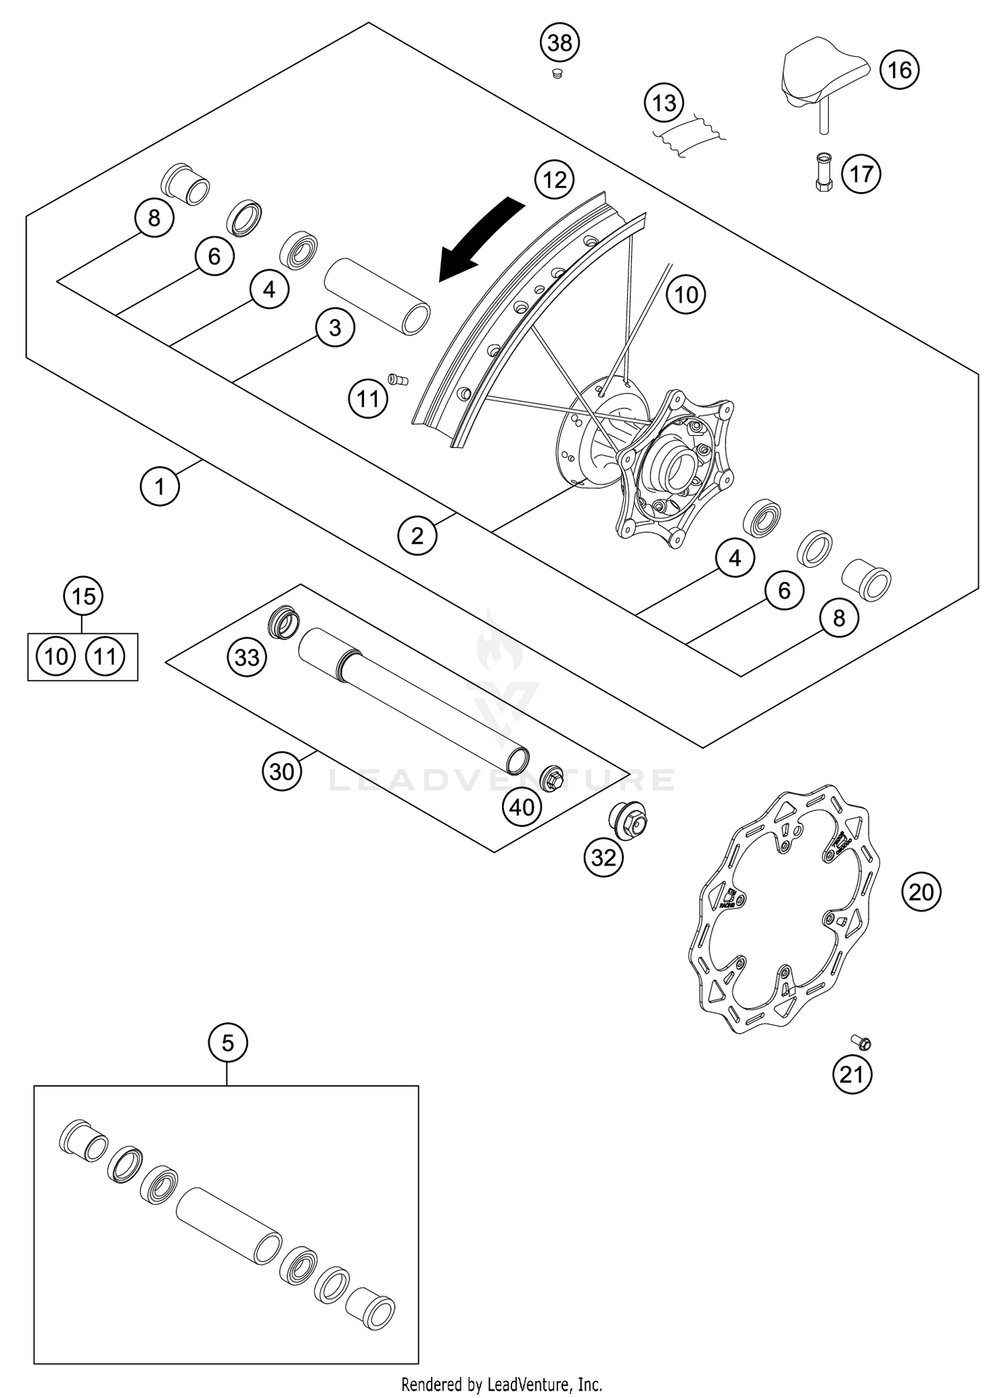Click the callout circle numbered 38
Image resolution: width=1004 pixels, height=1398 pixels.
click(x=560, y=43)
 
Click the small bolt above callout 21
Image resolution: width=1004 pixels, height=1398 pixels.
click(x=861, y=1042)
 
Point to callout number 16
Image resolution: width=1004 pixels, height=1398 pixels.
click(x=900, y=70)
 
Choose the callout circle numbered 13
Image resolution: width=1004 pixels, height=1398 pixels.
click(x=664, y=103)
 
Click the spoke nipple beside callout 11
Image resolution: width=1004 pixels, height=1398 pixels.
click(x=398, y=379)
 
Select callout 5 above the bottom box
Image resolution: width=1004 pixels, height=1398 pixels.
click(x=228, y=1042)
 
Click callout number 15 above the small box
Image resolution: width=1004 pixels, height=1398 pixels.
click(x=83, y=595)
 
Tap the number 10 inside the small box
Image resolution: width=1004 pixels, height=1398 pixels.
click(x=56, y=657)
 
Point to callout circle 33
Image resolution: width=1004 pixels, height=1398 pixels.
click(x=246, y=657)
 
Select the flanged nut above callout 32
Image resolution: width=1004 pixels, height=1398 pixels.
click(x=627, y=821)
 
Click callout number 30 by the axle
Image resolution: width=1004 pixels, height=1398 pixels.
click(x=281, y=771)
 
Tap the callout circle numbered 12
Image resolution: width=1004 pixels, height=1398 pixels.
click(x=555, y=179)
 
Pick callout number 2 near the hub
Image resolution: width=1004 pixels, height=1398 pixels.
click(x=417, y=536)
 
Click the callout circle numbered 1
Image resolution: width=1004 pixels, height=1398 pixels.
click(x=159, y=486)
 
